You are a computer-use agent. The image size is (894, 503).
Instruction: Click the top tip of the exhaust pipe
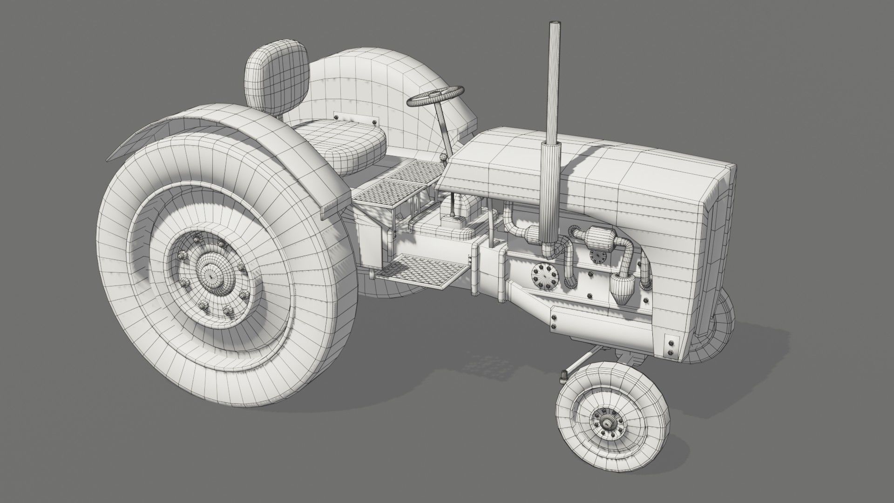555,23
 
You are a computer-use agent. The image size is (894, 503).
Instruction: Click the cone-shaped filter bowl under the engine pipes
619,289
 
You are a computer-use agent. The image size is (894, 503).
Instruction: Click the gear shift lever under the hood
452,205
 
